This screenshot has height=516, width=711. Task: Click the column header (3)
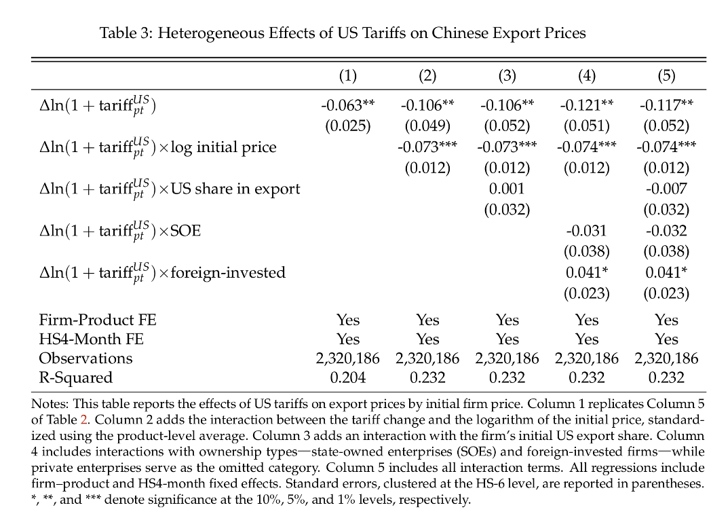tap(507, 75)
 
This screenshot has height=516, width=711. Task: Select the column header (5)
tap(666, 75)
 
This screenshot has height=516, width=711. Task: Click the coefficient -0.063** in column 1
tap(348, 105)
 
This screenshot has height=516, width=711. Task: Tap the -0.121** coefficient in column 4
tap(587, 105)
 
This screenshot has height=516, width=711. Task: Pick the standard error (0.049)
tap(427, 126)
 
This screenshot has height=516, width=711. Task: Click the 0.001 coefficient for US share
tap(507, 188)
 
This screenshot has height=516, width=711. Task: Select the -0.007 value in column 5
tap(666, 188)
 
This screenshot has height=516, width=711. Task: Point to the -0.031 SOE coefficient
tap(586, 231)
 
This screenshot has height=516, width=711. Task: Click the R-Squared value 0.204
tap(348, 377)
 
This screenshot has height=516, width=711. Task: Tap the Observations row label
tap(85, 358)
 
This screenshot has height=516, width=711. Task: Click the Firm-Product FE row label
tap(98, 320)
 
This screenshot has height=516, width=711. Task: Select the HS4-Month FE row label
tap(91, 339)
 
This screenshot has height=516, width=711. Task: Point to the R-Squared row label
tap(76, 377)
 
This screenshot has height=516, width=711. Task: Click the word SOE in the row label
tap(185, 231)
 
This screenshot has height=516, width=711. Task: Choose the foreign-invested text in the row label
tap(228, 272)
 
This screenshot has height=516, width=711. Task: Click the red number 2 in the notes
tap(83, 420)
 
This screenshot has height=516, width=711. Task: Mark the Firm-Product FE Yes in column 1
tap(348, 320)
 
